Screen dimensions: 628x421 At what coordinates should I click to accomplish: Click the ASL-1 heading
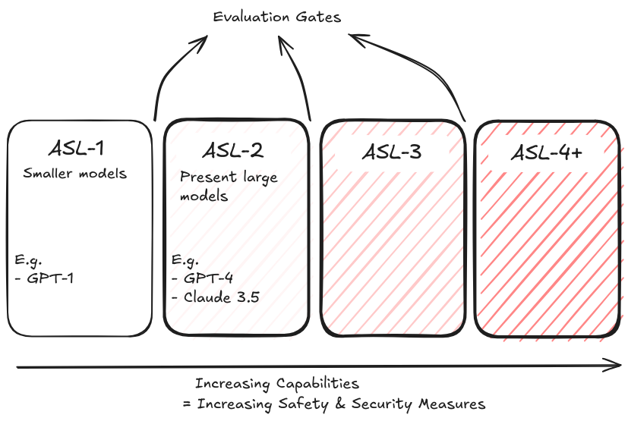(x=76, y=148)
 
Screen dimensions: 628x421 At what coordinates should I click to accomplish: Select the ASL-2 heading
(x=232, y=150)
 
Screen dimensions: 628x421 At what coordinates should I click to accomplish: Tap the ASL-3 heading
(x=392, y=152)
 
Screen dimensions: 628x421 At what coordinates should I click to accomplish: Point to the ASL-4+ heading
(x=546, y=152)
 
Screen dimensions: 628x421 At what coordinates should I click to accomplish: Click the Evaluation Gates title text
(x=276, y=17)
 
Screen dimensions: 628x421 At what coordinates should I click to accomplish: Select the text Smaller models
(x=75, y=173)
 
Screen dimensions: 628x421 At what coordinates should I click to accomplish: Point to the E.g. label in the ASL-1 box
(x=28, y=260)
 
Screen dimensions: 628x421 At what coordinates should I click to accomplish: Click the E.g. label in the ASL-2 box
(x=185, y=260)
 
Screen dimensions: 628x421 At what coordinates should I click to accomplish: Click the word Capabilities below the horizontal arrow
(x=317, y=384)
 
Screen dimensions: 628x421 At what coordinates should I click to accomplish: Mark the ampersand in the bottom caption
(x=340, y=404)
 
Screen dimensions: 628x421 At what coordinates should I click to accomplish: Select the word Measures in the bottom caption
(x=452, y=404)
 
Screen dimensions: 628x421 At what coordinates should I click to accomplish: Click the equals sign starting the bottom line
(x=187, y=404)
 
